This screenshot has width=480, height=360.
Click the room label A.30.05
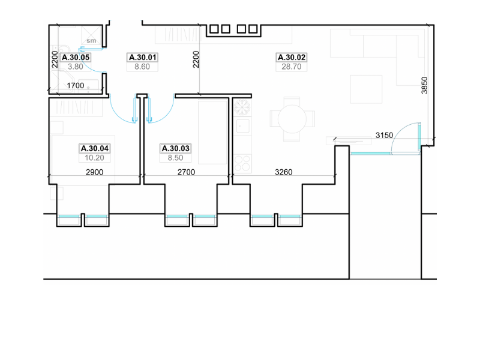coord(76,57)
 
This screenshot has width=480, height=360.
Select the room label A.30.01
coord(143,57)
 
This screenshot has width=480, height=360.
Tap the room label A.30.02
coord(292,57)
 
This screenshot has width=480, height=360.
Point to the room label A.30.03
coord(175,148)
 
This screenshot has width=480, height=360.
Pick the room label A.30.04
coord(95,148)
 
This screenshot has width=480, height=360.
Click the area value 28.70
coord(292,67)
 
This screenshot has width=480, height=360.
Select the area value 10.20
coord(94,158)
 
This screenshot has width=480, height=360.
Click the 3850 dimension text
coord(424,85)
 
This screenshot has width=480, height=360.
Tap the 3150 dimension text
coord(384,135)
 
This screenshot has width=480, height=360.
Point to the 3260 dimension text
coord(283,172)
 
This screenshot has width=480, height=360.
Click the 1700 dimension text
coord(76,85)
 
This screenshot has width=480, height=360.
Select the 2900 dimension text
coord(94,172)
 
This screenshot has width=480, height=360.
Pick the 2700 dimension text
coord(186,172)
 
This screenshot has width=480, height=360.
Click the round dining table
coord(292,119)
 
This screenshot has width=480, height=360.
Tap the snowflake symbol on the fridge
coord(242,107)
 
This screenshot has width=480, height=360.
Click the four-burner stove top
coord(242,163)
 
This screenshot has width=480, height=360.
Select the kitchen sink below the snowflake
coord(243,126)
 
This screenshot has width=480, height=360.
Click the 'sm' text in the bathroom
coord(91,40)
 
